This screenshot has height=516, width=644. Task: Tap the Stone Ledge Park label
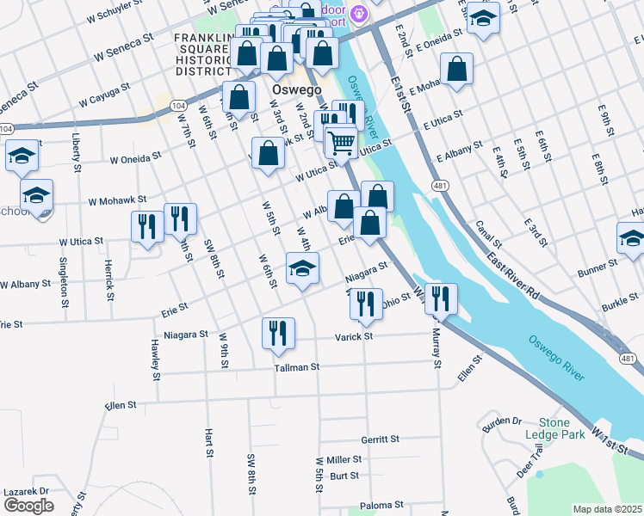(x=560, y=428)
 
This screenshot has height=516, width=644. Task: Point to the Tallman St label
(x=297, y=367)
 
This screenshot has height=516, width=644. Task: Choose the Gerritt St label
(x=381, y=439)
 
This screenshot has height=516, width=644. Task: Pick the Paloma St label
(x=383, y=505)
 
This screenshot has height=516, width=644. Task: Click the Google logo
(x=29, y=505)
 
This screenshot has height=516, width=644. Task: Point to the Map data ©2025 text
(x=607, y=509)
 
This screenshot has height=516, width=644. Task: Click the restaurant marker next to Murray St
(x=441, y=298)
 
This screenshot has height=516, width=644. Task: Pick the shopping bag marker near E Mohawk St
(x=456, y=69)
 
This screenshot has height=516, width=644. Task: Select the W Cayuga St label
(x=104, y=95)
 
